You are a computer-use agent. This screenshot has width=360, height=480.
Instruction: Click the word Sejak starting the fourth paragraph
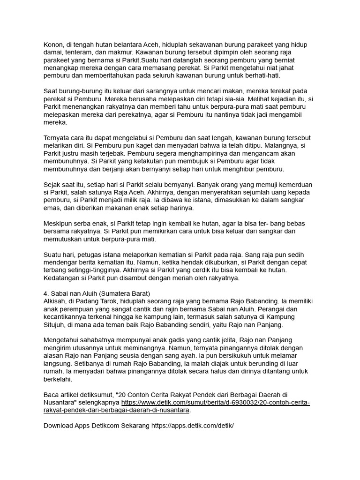52,185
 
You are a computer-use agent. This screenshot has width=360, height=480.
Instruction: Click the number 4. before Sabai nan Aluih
46,293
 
